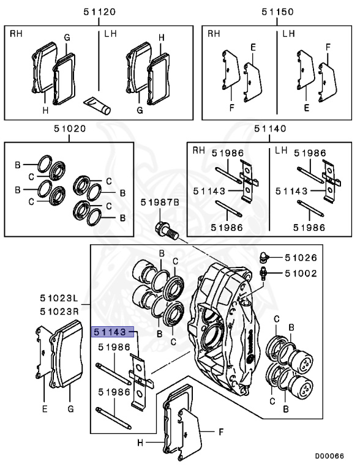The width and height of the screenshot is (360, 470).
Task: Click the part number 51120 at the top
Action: [99, 12]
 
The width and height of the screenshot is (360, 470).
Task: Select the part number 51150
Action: [277, 12]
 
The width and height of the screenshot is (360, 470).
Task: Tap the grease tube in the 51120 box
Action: [97, 106]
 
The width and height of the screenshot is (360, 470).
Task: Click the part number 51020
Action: [70, 129]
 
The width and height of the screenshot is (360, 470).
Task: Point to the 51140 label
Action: [270, 129]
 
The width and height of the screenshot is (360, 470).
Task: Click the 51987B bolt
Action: [167, 230]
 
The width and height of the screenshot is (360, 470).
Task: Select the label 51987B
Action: [160, 203]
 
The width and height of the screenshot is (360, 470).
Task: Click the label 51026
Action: [301, 258]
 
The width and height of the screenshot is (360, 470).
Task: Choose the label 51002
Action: [301, 274]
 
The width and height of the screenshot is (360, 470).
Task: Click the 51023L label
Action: [59, 298]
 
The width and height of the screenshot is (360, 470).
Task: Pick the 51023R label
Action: [59, 311]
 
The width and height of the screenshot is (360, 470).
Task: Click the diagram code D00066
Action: [329, 457]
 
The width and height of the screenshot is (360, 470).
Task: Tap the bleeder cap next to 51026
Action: [263, 256]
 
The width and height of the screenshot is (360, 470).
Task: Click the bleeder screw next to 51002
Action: [263, 273]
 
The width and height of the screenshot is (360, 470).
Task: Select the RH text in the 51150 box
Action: [214, 34]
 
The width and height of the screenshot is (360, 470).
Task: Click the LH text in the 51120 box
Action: [110, 34]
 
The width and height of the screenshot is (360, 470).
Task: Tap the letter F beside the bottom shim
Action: [221, 432]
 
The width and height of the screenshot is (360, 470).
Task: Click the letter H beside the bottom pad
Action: [140, 442]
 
